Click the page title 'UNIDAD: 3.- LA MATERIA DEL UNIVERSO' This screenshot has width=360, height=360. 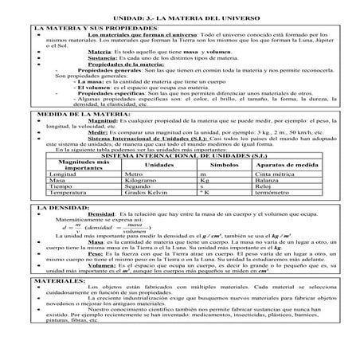pyautogui.click(x=179, y=16)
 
